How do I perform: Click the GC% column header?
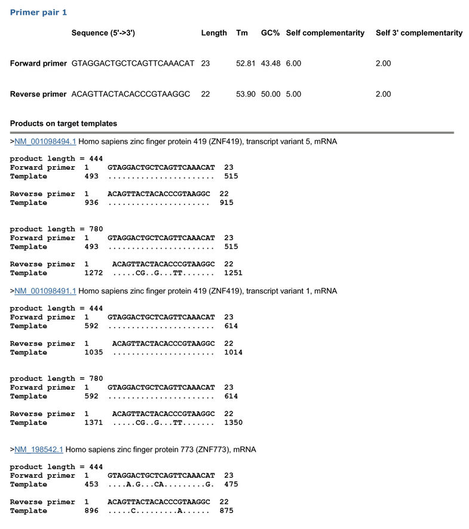(271, 33)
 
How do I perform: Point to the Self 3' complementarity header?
(419, 33)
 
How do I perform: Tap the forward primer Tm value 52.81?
(246, 63)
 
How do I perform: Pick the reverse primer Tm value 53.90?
(246, 94)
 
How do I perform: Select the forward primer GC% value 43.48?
(271, 63)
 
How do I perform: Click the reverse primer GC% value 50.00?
(271, 94)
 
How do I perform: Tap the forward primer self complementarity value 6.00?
(293, 63)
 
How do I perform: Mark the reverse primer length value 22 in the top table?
(206, 94)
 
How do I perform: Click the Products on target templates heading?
(63, 124)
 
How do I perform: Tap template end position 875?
(226, 511)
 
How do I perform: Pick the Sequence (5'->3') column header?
(103, 33)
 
